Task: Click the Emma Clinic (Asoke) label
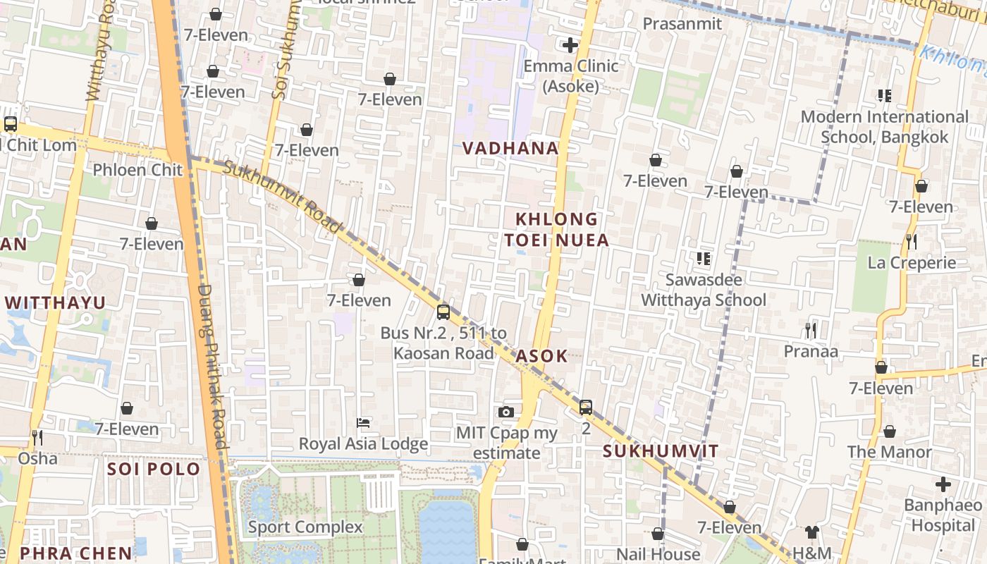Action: click(570, 76)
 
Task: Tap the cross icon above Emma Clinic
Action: click(570, 46)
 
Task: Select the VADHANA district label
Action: click(510, 148)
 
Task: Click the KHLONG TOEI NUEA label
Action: click(556, 230)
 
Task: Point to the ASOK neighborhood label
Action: click(541, 356)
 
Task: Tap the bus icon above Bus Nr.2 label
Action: click(443, 312)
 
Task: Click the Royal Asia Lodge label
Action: click(363, 443)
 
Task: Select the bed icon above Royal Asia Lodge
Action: click(363, 423)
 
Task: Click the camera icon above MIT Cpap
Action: click(505, 412)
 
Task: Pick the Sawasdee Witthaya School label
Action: click(704, 290)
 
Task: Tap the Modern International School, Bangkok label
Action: click(885, 127)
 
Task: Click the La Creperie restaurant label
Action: click(912, 263)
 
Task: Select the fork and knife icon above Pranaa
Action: click(811, 330)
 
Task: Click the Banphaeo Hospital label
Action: click(943, 515)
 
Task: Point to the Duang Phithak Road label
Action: click(212, 367)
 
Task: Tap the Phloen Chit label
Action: click(137, 170)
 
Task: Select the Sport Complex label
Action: click(305, 527)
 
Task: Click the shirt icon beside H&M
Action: click(812, 532)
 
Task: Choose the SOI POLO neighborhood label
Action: click(154, 470)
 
